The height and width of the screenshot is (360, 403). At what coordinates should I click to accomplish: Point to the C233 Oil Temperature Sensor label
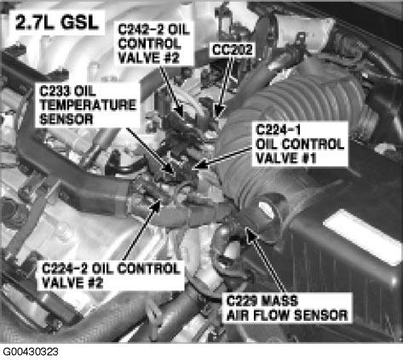[74, 104]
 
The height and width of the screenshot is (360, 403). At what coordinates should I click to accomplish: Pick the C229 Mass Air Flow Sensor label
[286, 307]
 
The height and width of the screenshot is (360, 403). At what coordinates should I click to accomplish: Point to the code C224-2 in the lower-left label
[65, 267]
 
